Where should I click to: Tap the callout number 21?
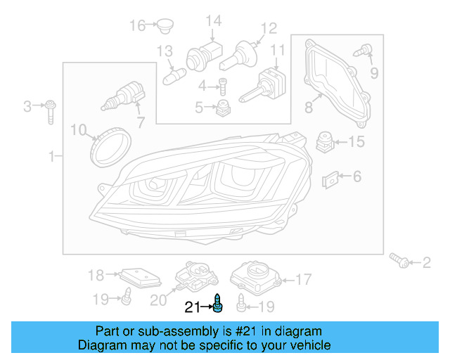[x=192, y=307]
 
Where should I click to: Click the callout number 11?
[x=278, y=51]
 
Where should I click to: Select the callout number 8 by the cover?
[x=308, y=108]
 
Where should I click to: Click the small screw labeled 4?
[x=222, y=87]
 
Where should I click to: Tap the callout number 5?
[x=199, y=108]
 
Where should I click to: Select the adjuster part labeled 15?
[x=324, y=141]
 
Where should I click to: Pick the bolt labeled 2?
[x=402, y=262]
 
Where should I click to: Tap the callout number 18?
[x=96, y=275]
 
